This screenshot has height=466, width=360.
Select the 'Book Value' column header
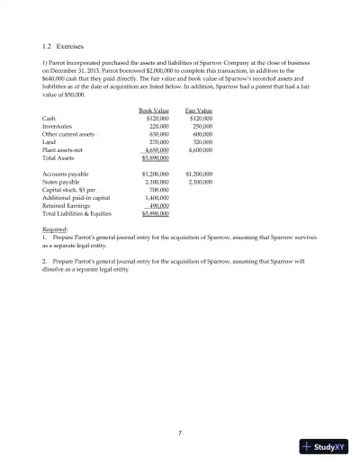point(155,112)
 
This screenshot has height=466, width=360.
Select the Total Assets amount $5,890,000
point(155,157)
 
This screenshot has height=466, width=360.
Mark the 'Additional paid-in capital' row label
point(76,196)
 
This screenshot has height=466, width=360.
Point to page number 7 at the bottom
point(180,432)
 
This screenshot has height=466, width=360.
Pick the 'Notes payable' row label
point(60,180)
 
